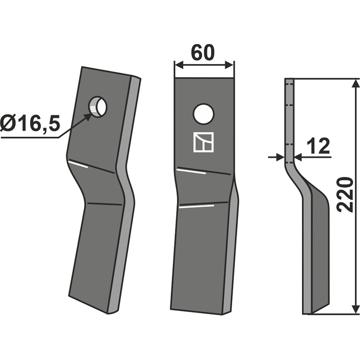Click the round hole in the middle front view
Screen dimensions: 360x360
coord(203,114)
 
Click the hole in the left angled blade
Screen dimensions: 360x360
coord(99,107)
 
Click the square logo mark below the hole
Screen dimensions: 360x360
coord(204,142)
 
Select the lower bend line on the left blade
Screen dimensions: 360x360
coord(104,204)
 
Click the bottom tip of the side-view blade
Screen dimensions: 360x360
coord(309,312)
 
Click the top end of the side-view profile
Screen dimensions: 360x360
coord(289,80)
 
